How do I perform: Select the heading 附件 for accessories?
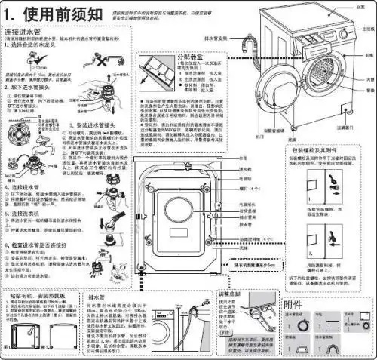[x=296, y=303]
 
